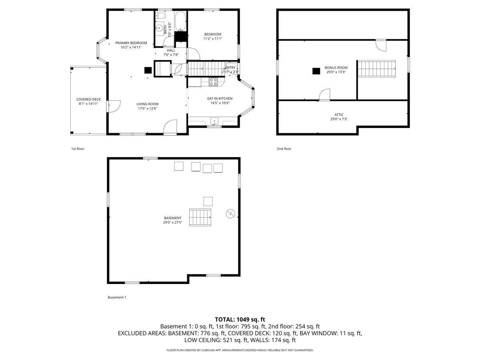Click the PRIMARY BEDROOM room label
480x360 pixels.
[131, 43]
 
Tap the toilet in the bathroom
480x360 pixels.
[160, 16]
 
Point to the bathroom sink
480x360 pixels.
[159, 28]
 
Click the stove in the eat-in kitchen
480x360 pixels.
[213, 82]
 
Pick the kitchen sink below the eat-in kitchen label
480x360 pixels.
[214, 121]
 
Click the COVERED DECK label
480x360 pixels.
[88, 99]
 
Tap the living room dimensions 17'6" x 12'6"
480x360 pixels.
[147, 108]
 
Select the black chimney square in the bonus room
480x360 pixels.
[316, 71]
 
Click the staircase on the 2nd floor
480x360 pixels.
[376, 69]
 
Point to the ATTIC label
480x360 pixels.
[339, 114]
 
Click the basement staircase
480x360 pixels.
[200, 217]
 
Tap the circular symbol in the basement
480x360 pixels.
[230, 213]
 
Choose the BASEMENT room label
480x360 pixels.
[172, 218]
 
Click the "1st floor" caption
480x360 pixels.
[78, 149]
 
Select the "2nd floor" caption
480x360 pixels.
[284, 149]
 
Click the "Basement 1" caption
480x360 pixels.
[117, 297]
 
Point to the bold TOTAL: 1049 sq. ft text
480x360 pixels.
[240, 320]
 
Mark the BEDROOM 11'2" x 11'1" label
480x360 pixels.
[212, 36]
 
